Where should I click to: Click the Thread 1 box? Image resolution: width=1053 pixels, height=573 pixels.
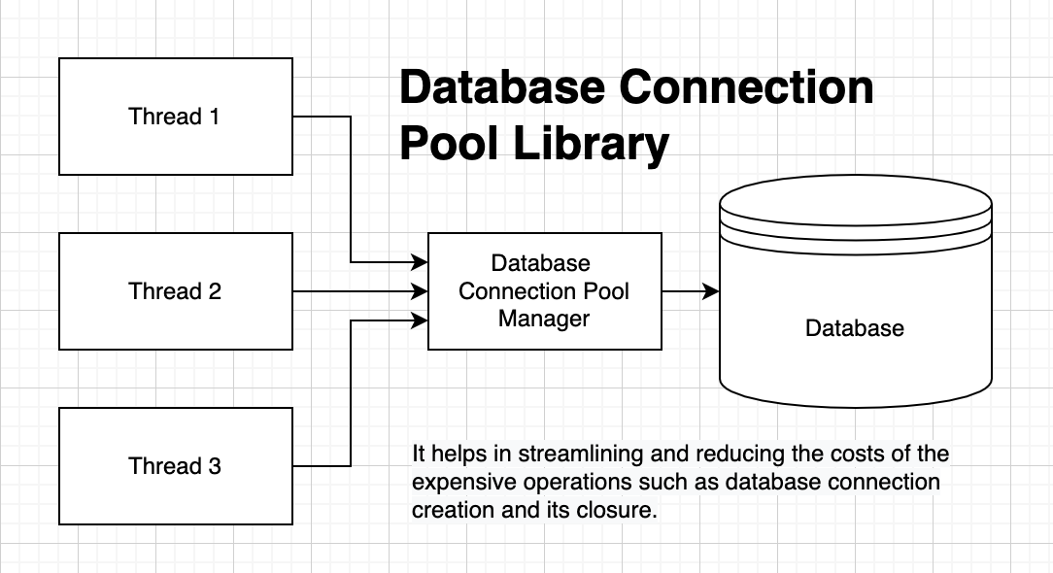coord(175,117)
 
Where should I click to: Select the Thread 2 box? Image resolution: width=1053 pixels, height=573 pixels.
coord(175,291)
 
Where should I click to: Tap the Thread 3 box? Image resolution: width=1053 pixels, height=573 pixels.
coord(175,466)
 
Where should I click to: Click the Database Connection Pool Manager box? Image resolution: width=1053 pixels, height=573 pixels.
coord(544,291)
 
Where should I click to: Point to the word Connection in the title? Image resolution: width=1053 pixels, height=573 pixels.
coord(746,88)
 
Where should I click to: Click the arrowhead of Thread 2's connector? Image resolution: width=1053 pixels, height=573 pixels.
coord(422,291)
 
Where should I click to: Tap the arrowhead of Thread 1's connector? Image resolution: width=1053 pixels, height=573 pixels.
coord(422,262)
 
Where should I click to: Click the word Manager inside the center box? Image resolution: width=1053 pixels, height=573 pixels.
coord(544,318)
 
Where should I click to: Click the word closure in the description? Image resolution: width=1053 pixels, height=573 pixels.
coord(622,510)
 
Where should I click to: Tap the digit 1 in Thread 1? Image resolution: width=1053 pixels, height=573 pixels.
coord(213,117)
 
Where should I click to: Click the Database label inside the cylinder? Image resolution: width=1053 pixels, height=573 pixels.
coord(855,328)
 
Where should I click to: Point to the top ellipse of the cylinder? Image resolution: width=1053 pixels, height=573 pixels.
coord(855,201)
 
